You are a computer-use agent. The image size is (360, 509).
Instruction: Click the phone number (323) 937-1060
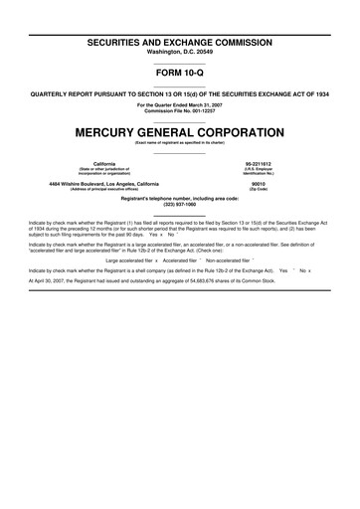pyautogui.click(x=180, y=202)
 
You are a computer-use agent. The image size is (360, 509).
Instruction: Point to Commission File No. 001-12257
pyautogui.click(x=180, y=109)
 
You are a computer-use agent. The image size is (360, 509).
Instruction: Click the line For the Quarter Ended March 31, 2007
pyautogui.click(x=180, y=103)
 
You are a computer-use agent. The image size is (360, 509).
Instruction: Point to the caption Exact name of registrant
pyautogui.click(x=180, y=142)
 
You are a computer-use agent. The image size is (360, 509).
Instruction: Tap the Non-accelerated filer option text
pyautogui.click(x=227, y=260)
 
